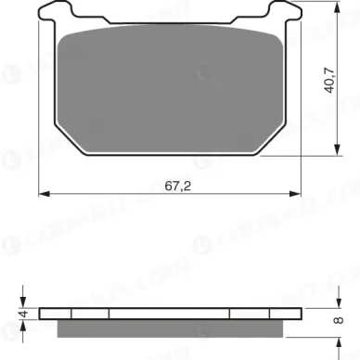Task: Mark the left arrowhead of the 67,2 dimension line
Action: (x=44, y=195)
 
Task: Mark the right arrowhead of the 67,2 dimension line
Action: (x=302, y=195)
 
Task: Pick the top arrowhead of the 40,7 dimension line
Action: (x=334, y=8)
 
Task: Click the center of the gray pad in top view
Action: (x=173, y=97)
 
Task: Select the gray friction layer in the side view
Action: (x=173, y=328)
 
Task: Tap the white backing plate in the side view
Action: (x=173, y=314)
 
